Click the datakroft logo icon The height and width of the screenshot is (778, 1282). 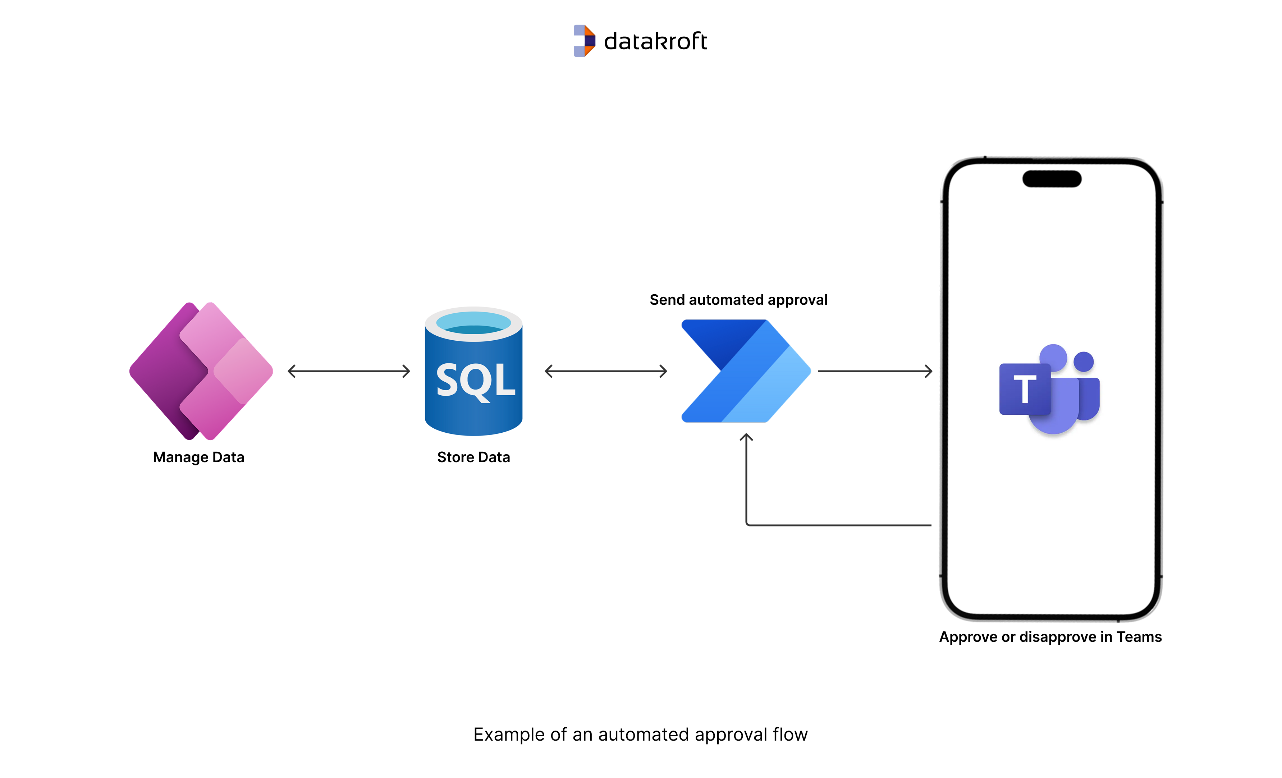(584, 41)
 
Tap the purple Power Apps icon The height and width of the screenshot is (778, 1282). (201, 371)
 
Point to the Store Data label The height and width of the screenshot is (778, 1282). (473, 457)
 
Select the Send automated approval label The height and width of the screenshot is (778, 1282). (738, 300)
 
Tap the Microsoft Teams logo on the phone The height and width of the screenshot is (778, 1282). (1049, 389)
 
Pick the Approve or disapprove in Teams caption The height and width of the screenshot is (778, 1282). (1050, 637)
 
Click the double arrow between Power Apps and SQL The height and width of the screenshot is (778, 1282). (349, 371)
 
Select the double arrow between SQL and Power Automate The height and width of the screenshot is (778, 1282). (606, 371)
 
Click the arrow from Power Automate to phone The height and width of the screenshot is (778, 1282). (875, 371)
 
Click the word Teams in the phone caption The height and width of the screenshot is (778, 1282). (1139, 637)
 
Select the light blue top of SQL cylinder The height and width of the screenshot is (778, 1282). (473, 322)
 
